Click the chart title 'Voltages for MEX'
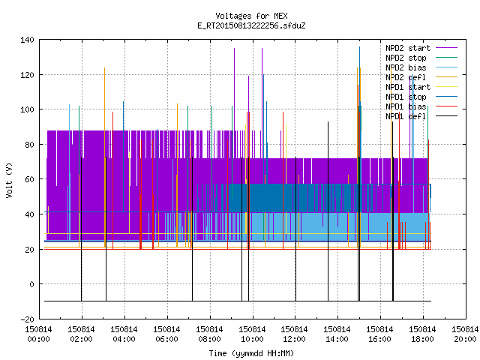coord(251,16)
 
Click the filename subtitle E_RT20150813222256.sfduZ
coord(251,25)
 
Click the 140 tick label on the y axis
coord(27,40)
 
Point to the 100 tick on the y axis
coord(27,109)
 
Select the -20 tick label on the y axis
coord(27,319)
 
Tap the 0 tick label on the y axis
coord(31,284)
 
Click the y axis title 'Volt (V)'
coord(9,180)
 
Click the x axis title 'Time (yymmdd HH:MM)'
coord(251,353)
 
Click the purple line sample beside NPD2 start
coord(447,48)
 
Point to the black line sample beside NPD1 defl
coord(447,116)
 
